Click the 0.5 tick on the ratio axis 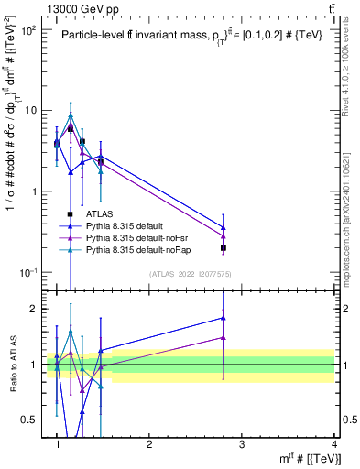(35, 420)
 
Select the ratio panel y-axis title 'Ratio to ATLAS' (14, 365)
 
